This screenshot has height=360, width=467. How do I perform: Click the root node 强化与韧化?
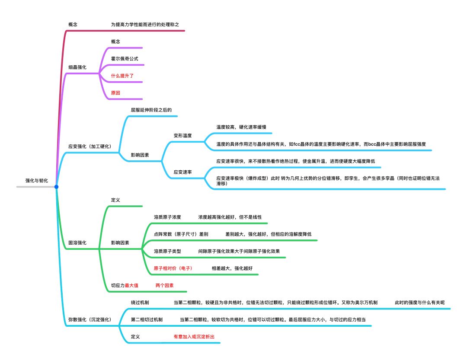point(37,180)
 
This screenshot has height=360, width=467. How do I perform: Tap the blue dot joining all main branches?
point(56,187)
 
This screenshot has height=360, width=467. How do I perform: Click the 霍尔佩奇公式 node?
point(125,58)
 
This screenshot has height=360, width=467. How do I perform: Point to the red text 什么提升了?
point(122,75)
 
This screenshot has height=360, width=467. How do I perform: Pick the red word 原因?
point(116,92)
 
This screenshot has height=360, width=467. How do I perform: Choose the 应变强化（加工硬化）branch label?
point(90,147)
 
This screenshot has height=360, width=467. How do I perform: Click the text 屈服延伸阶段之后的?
point(151,110)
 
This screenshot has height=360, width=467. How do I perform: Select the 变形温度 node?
point(182,135)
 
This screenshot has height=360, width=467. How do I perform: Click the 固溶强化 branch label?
point(77,242)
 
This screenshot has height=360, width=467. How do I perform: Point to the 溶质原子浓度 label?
point(167,217)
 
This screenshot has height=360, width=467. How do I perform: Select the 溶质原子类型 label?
point(167,251)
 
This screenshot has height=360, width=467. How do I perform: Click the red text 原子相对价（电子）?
point(173,268)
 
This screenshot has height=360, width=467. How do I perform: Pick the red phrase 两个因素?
point(164,286)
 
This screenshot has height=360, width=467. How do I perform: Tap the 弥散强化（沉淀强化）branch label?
point(90,319)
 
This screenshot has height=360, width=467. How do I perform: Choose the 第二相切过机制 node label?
point(147,319)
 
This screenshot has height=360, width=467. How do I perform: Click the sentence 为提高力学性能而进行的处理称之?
point(144,25)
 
